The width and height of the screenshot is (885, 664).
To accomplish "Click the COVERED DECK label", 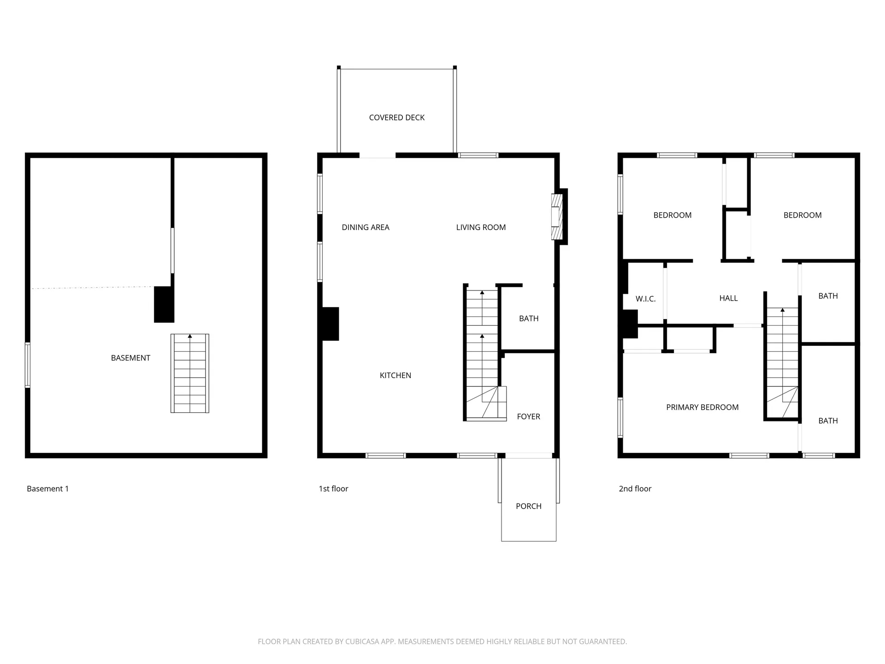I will pyautogui.click(x=396, y=118).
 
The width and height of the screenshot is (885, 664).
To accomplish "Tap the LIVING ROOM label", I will pyautogui.click(x=481, y=227).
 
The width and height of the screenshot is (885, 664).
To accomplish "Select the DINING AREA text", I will pyautogui.click(x=366, y=227).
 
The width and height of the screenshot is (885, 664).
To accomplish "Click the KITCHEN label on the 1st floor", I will pyautogui.click(x=395, y=375).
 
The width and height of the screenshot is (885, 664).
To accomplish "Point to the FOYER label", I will pyautogui.click(x=528, y=416).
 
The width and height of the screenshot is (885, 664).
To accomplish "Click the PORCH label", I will pyautogui.click(x=528, y=506).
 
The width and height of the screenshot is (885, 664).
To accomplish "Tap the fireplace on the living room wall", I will pyautogui.click(x=558, y=217).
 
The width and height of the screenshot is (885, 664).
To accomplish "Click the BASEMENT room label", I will pyautogui.click(x=130, y=358).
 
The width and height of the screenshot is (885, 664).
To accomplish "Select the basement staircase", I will pyautogui.click(x=189, y=373).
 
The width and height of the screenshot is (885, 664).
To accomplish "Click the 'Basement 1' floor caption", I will pyautogui.click(x=47, y=489).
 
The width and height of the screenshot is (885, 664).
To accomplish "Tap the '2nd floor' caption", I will pyautogui.click(x=635, y=489).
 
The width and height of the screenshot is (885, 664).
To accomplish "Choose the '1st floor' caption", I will pyautogui.click(x=333, y=489).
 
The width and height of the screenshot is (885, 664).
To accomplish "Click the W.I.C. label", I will pyautogui.click(x=645, y=299).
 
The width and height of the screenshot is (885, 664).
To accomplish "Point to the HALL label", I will pyautogui.click(x=728, y=298).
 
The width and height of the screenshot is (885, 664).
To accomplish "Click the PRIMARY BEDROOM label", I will pyautogui.click(x=702, y=407).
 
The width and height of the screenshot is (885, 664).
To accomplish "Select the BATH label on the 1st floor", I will pyautogui.click(x=528, y=319).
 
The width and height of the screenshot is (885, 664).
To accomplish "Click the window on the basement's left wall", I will pyautogui.click(x=28, y=365).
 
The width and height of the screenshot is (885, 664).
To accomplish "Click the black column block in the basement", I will pyautogui.click(x=164, y=304).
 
